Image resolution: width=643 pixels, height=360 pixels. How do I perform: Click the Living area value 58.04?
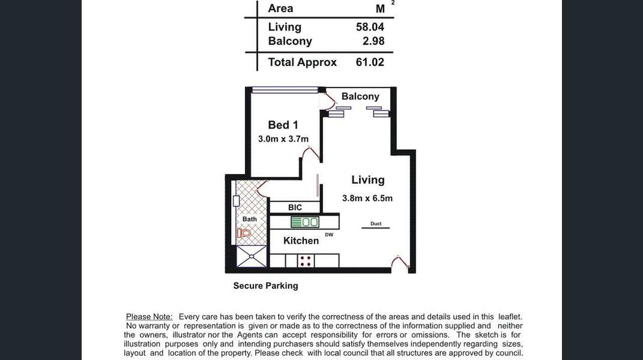pos(370,27)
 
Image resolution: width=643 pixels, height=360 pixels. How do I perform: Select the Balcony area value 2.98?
pos(373,41)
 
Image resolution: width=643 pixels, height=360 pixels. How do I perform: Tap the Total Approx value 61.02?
pos(370,62)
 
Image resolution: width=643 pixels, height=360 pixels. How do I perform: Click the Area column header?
pos(280,8)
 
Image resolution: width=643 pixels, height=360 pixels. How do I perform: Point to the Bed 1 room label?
pos(283,125)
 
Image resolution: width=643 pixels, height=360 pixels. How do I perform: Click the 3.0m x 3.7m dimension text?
pos(283,139)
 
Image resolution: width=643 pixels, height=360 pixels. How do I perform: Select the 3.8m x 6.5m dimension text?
pos(367,199)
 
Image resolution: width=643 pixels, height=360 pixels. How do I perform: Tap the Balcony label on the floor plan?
pos(360,97)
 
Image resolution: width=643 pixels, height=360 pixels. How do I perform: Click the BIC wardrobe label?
pos(295,208)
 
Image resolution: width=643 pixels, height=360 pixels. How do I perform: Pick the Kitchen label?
pos(301,241)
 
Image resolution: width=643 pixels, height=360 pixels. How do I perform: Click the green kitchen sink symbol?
pos(304,222)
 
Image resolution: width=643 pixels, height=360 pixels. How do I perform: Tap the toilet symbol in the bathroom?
pos(244,233)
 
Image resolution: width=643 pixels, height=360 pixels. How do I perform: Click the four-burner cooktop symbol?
pos(306,261)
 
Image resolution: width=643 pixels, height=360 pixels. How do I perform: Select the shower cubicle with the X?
pos(252,256)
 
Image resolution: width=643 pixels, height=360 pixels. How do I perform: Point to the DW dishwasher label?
pos(329,235)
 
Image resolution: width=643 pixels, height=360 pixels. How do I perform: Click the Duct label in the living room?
pos(376,224)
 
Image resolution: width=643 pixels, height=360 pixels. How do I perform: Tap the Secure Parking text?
pos(266,286)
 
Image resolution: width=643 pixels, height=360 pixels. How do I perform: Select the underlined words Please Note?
pos(149,317)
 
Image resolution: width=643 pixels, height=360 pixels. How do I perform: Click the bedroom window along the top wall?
pos(285,90)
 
